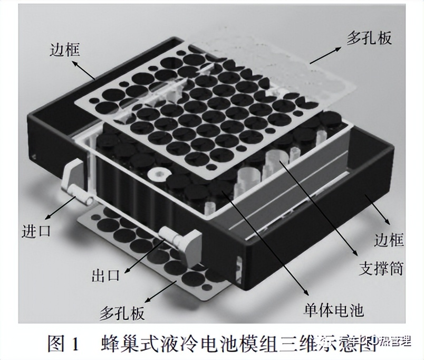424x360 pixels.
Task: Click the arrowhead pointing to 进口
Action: click(47, 216)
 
